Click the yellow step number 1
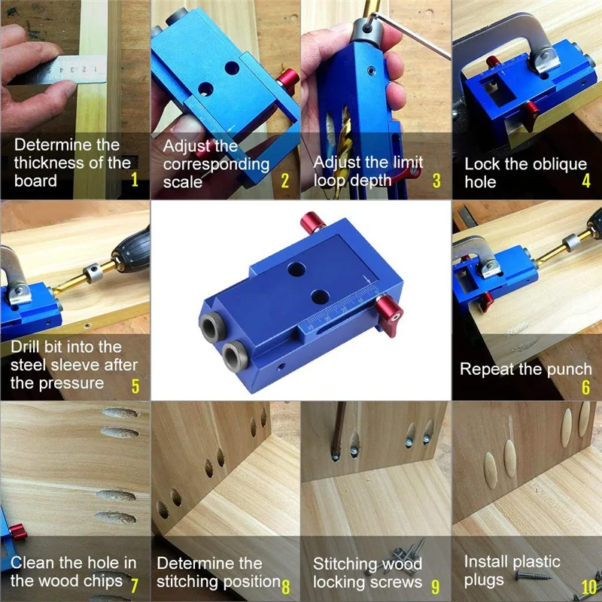135,179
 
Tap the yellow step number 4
586,180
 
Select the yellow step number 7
134,586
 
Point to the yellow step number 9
435,586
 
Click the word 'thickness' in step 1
48,163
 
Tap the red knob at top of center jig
312,222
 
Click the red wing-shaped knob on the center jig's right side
389,315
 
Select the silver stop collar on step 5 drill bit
93,272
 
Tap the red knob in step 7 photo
18,531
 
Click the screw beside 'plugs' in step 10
533,576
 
